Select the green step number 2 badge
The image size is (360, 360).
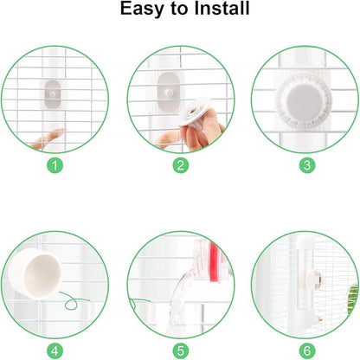click(x=180, y=164)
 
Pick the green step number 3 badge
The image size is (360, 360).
click(x=305, y=164)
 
